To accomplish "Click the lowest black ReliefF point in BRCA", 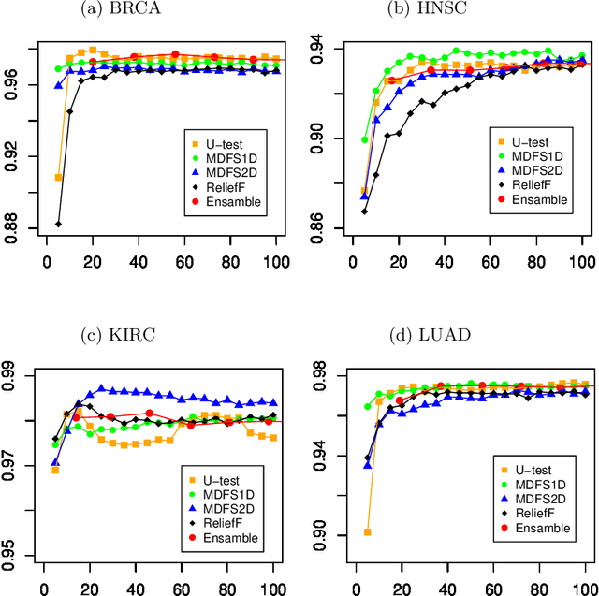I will pos(58,225).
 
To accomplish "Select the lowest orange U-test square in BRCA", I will pos(58,177).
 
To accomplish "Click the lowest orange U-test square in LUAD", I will pos(367,531).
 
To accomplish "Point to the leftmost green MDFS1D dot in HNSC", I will pos(365,139).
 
